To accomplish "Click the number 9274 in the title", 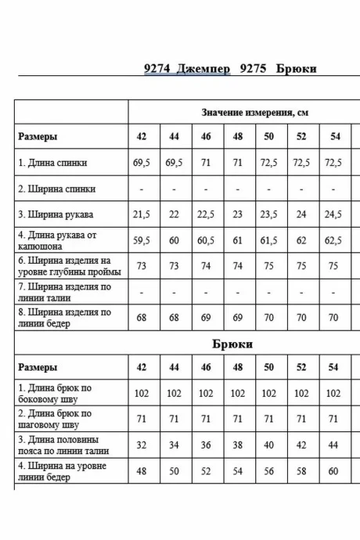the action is coord(159,68).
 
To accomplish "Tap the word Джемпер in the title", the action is coord(204,68).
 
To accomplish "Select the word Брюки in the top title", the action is coord(296,68).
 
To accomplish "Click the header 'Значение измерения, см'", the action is coord(254,113).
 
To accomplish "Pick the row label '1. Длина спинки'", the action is coord(52,163).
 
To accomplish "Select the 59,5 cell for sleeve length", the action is coord(142,240).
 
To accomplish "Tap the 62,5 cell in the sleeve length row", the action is coord(334,240).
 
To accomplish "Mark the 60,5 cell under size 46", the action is coord(206,240).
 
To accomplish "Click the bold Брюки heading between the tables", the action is coord(232,344).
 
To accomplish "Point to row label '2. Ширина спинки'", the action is coord(57,189).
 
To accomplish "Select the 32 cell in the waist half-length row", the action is coord(142,445).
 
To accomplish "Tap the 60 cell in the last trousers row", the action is coord(334,472).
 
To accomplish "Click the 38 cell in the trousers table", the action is coord(237,445).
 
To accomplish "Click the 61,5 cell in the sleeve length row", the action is coord(269,240).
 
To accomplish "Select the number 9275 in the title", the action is coord(254,68).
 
